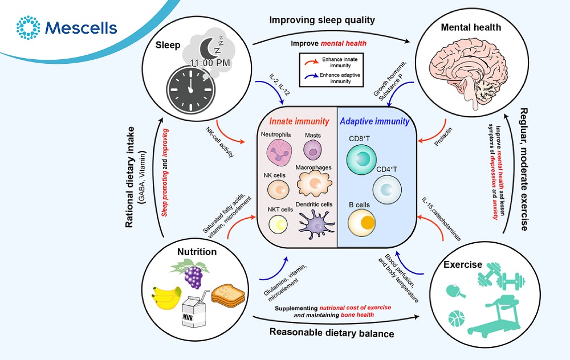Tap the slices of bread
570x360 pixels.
[227, 293]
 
